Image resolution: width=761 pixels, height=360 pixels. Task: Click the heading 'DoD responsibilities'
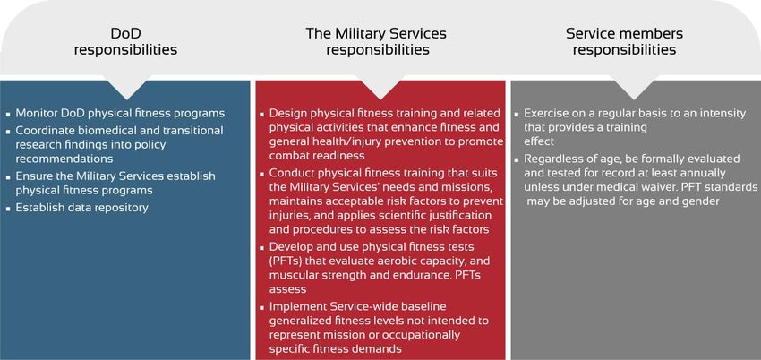pos(125,41)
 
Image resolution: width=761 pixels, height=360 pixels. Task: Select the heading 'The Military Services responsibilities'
pos(378,41)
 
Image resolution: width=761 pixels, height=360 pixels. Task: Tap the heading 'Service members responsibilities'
pos(624,41)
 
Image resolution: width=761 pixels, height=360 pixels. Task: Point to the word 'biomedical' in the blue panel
pos(95,131)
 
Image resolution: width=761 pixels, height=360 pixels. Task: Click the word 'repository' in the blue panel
pos(124,208)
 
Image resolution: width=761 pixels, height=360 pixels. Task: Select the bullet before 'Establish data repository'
pos(8,209)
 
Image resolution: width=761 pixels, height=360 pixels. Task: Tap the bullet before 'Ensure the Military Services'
pos(8,176)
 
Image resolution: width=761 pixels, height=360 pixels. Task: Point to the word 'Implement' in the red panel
pos(293,307)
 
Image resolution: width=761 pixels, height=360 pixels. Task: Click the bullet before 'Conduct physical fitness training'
pos(261,173)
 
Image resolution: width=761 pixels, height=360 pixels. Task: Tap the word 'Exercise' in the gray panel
pos(543,113)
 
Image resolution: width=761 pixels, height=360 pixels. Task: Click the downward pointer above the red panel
pos(380,88)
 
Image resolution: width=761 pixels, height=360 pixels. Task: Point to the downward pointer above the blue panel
pos(126,88)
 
